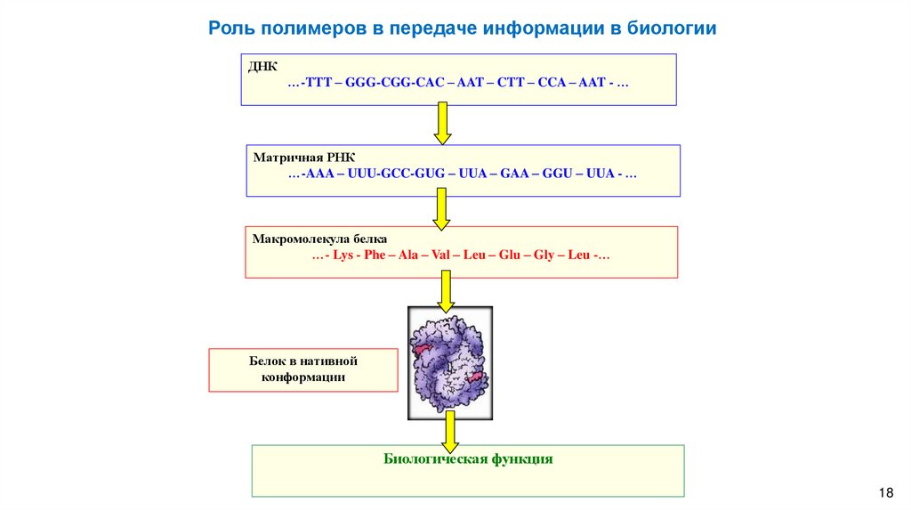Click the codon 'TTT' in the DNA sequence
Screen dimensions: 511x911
point(318,82)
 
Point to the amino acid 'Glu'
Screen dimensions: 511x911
point(509,255)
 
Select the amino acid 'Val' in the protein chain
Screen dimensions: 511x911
point(437,255)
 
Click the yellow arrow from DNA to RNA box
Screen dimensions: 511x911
point(442,123)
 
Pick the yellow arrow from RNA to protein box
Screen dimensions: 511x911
point(440,209)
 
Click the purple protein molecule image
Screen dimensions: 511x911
point(449,362)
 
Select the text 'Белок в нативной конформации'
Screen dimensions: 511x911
point(302,369)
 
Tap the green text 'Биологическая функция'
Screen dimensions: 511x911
point(468,459)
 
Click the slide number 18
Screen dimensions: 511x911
point(884,493)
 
